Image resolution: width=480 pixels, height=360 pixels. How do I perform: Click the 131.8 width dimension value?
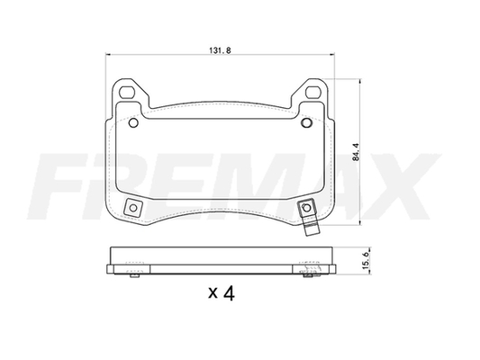220,50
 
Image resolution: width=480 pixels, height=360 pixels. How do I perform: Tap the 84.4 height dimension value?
356,152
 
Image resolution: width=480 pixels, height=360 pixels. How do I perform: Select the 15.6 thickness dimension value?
366,260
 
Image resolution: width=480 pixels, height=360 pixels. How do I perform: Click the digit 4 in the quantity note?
229,293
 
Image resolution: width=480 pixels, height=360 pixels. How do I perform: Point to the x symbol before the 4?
213,293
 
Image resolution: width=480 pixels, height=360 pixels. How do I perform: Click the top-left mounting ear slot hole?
127,92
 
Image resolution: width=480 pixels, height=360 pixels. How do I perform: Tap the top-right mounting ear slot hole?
312,92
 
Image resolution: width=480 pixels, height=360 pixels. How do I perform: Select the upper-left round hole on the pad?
133,123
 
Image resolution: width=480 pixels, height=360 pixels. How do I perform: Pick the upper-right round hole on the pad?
306,123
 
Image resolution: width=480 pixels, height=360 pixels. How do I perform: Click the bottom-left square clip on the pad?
133,208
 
